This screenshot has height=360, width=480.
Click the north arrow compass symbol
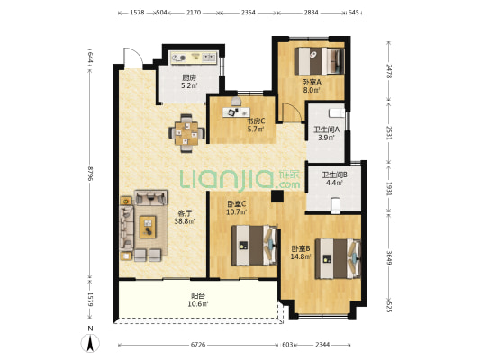coord(90,343)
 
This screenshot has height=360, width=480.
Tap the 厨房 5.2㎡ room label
coord(189,82)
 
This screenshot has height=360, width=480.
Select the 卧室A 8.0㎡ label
coord(312,85)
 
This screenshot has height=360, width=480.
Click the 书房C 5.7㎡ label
coord(256,125)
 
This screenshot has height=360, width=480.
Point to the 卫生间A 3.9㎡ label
coord(326,133)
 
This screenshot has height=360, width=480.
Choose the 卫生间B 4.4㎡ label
coord(334,179)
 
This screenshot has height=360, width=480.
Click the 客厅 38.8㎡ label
coord(185,217)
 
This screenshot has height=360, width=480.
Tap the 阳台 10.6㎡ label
coord(198,300)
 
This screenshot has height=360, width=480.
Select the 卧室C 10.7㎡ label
coord(236,207)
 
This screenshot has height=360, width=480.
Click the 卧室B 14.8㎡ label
coord(301,252)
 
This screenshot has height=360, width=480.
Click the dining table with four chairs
coord(186,133)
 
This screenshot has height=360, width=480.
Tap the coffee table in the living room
coord(148,227)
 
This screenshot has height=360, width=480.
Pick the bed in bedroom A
coord(320,61)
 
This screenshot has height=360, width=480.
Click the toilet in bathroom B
coord(336,205)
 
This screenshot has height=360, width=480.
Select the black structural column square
coord(277,196)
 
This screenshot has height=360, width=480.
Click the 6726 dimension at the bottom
coord(198,345)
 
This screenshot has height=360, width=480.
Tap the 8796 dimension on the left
coord(90,174)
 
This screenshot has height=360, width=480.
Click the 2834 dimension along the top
coord(311,13)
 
